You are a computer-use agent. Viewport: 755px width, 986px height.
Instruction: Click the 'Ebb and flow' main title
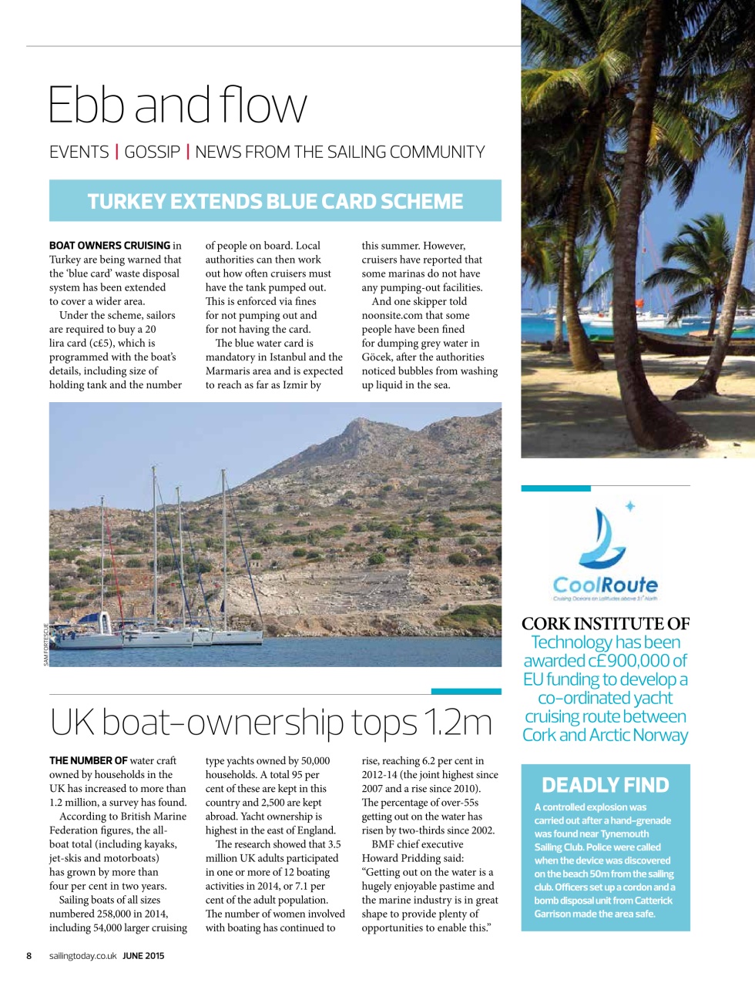point(177,105)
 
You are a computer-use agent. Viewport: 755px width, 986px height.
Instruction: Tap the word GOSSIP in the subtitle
point(152,153)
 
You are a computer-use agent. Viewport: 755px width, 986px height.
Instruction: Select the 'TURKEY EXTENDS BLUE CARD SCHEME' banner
point(275,201)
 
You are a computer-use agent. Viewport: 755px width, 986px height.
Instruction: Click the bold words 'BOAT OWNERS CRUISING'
point(109,246)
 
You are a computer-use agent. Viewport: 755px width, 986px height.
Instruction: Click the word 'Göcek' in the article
point(377,357)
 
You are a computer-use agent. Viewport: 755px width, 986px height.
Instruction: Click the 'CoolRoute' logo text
point(605,585)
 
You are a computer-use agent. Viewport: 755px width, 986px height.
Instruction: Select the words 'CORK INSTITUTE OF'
point(606,624)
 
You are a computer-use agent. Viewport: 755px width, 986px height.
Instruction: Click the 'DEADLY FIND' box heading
point(605,785)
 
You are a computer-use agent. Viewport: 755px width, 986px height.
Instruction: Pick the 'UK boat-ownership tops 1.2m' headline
point(270,723)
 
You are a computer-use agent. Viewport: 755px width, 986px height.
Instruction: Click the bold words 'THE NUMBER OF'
point(89,760)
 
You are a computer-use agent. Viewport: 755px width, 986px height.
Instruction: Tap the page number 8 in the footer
point(29,956)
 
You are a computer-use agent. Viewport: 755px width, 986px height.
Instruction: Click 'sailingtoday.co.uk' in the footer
point(82,956)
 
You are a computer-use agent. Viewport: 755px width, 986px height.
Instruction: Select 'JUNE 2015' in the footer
point(143,956)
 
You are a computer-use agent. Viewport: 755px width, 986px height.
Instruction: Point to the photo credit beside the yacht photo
point(45,644)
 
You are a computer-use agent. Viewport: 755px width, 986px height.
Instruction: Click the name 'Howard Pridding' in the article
point(401,858)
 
